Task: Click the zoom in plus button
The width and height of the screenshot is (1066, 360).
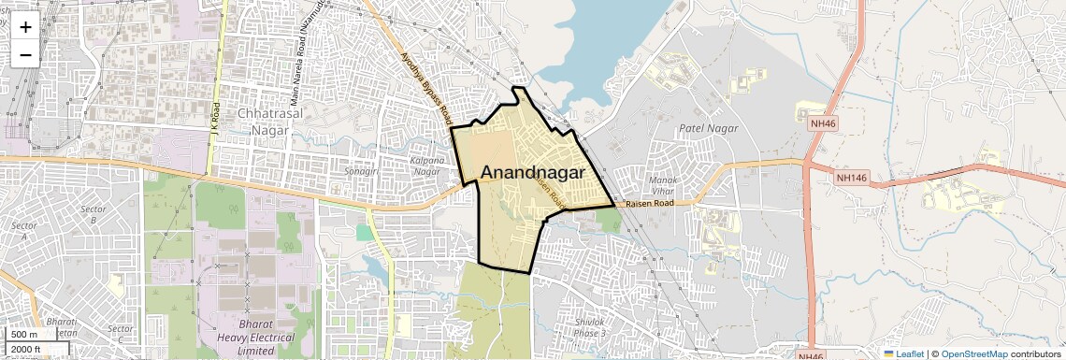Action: click(25, 26)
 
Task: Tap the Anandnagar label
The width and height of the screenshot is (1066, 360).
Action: click(533, 173)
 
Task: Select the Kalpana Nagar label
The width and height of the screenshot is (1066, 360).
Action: click(426, 165)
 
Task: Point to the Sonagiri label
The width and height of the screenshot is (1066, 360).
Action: click(361, 172)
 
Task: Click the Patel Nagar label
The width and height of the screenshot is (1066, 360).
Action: click(708, 128)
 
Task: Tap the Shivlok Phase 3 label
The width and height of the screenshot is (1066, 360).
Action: click(589, 327)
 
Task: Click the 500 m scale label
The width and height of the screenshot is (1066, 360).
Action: click(24, 335)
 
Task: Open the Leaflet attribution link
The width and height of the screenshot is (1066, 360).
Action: click(904, 353)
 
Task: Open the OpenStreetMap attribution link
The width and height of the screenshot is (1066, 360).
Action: click(973, 353)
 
